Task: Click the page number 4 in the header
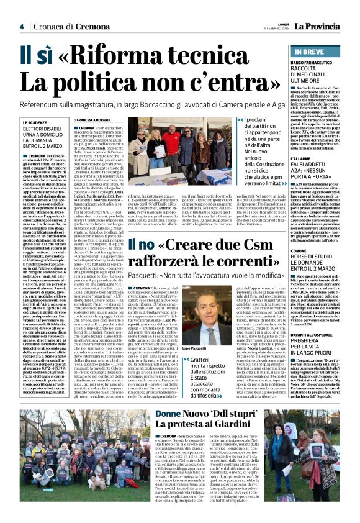point(21,26)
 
